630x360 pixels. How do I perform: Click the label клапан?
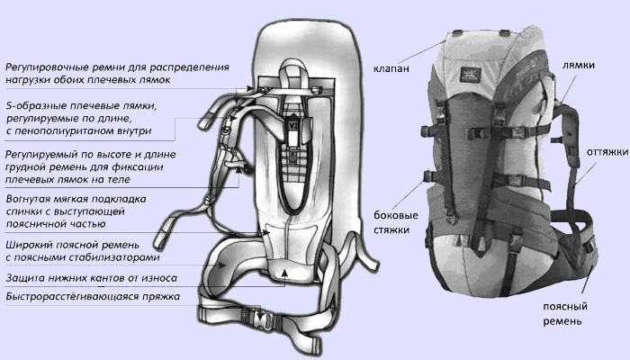(391, 68)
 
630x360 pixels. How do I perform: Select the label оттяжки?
(607, 152)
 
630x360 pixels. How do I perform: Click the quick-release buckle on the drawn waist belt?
(261, 319)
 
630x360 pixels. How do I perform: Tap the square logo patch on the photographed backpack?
(471, 75)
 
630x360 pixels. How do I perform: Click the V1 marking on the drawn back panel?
(293, 125)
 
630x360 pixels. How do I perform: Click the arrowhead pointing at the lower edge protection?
(284, 274)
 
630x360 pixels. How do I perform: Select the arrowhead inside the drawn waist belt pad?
(221, 265)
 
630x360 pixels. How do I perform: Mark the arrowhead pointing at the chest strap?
(239, 170)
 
